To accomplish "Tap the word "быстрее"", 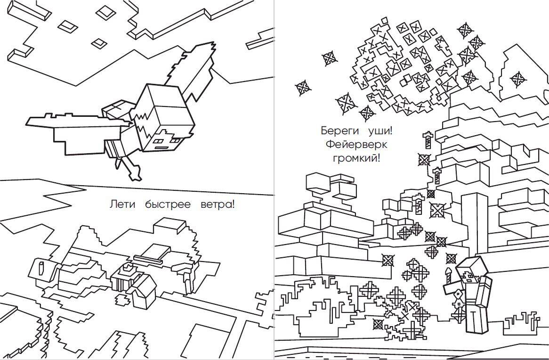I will pos(161,205).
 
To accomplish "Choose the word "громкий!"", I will pos(356,159).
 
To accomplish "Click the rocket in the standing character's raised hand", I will pos(449,276).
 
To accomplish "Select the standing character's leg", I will pos(476,319).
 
